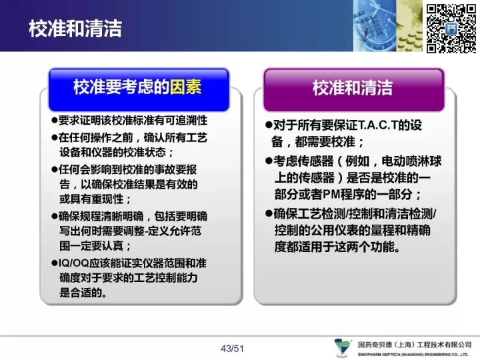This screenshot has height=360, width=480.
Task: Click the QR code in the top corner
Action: [x=451, y=29]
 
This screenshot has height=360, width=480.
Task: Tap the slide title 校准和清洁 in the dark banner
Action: [x=75, y=29]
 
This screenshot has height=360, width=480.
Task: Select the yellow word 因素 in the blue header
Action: [x=185, y=87]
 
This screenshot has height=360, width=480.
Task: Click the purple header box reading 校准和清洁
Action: [x=353, y=90]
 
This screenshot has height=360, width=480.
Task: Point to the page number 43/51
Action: [x=232, y=349]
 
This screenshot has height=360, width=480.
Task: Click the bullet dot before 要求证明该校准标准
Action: [x=55, y=120]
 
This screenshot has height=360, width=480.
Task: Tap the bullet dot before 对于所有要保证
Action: [x=269, y=125]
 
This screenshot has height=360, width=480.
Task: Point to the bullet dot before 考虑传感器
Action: [x=269, y=161]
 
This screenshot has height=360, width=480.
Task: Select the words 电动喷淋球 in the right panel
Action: [x=411, y=161]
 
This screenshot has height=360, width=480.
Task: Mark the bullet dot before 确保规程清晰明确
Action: [x=55, y=216]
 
